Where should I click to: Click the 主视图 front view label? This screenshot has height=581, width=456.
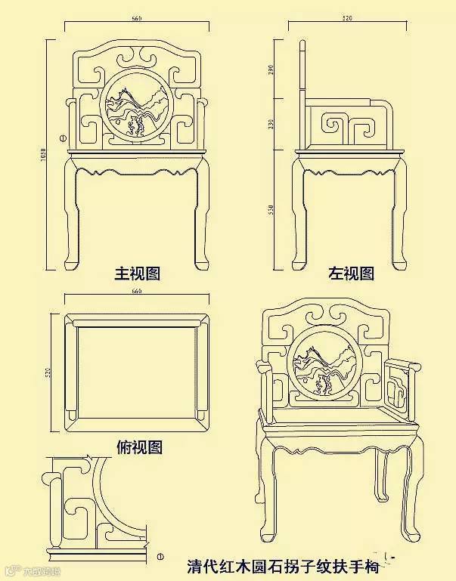point(137,273)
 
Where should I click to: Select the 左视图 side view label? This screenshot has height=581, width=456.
point(351,274)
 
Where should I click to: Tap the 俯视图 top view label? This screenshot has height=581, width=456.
point(140,447)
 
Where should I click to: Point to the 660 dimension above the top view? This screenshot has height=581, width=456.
point(137,291)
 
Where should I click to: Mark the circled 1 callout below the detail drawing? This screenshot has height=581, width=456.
point(160,557)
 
